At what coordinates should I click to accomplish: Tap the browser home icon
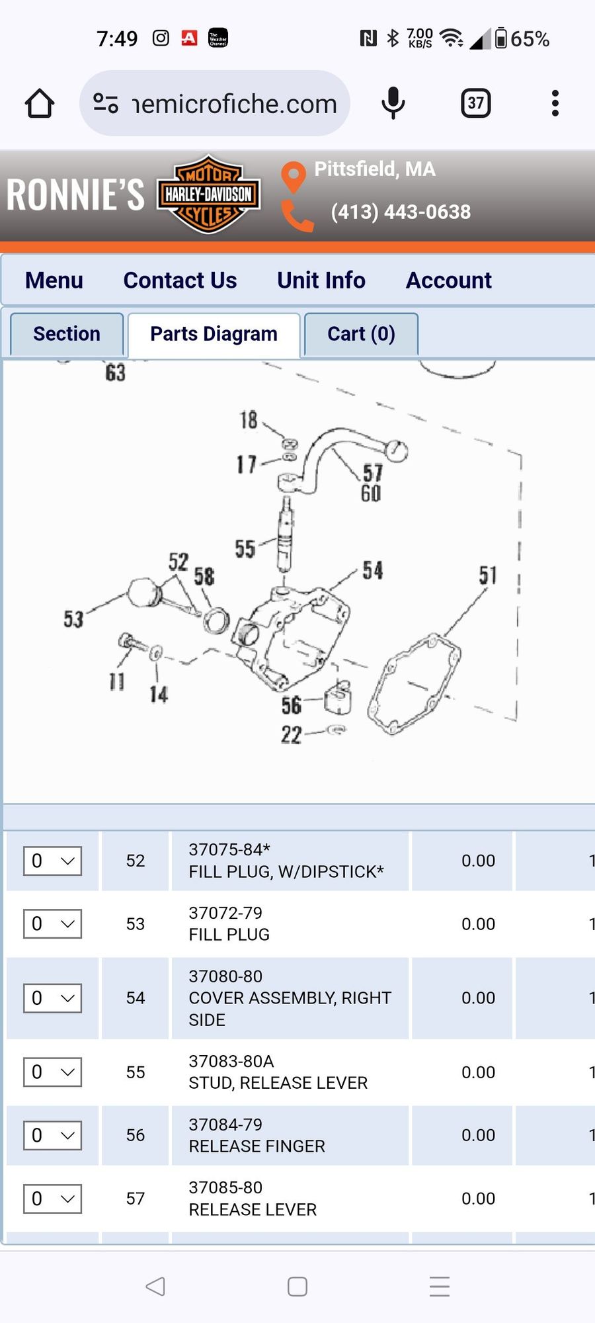40,103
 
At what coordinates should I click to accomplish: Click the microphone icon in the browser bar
393,103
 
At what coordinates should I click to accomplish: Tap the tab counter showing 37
476,103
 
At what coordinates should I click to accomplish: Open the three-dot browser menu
555,103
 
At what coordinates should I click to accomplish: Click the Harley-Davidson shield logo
208,194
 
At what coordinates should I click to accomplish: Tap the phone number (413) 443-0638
401,212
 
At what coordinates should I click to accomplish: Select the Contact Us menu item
180,280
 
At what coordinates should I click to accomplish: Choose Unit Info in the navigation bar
321,280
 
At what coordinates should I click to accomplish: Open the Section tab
67,334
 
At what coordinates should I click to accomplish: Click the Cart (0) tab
361,334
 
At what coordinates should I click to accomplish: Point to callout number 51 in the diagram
488,575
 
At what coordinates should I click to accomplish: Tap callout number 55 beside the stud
245,548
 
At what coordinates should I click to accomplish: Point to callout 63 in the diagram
115,373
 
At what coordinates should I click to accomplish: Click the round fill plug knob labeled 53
143,592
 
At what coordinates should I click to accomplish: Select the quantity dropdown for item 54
53,998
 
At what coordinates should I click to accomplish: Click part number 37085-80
225,1187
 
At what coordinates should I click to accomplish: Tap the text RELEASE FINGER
257,1146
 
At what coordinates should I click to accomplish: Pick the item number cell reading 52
136,861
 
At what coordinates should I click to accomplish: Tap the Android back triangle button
155,1286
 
